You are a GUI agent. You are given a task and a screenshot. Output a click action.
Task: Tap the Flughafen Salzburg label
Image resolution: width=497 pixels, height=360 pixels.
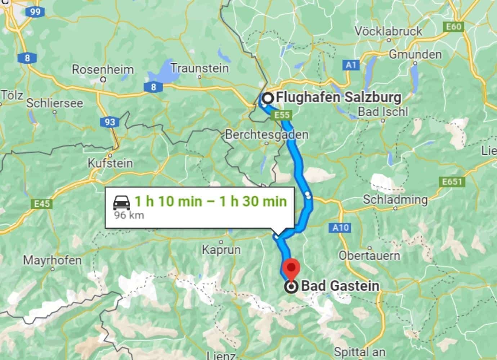tap(338, 98)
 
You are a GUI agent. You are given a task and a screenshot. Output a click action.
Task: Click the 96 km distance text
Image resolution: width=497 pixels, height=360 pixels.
tap(129, 215)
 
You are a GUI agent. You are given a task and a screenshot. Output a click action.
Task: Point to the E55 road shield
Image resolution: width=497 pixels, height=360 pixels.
tap(282, 115)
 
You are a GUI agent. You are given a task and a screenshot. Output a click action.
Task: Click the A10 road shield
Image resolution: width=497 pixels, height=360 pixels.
tap(340, 228)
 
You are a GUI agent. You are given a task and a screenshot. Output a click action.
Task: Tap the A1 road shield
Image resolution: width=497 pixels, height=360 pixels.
tap(350, 65)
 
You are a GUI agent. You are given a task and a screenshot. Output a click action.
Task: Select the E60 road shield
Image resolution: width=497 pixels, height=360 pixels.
tap(453, 27)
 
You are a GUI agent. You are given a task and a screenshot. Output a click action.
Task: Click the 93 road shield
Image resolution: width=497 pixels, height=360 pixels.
tap(109, 122)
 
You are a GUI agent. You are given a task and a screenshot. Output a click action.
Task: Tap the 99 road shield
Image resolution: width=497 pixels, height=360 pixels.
tap(35, 12)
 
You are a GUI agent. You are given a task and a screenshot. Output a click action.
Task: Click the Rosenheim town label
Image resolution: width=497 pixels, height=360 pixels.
tap(103, 69)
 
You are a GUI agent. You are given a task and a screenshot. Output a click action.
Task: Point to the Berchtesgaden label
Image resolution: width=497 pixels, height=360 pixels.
tap(267, 135)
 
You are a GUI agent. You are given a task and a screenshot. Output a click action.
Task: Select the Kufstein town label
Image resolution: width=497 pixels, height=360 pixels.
tap(110, 163)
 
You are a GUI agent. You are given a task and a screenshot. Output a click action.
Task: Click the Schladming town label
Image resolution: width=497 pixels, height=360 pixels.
tap(395, 199)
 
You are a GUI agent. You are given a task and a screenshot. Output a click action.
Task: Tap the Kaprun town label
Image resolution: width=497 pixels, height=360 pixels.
tap(221, 249)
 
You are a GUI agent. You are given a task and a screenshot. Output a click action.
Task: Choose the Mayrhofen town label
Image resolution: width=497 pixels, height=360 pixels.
tap(52, 260)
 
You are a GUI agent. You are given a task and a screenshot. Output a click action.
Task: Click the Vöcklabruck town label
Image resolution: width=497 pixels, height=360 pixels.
tap(388, 31)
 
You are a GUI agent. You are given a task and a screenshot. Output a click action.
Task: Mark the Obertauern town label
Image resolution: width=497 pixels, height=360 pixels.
tap(369, 256)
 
